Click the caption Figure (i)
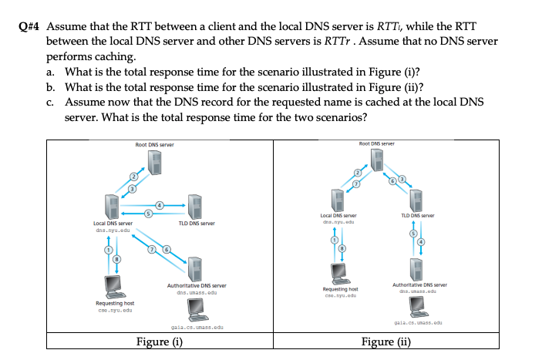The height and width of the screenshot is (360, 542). click(163, 343)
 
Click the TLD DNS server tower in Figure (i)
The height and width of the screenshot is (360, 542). click(196, 207)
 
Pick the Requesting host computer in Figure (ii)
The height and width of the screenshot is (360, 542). click(337, 272)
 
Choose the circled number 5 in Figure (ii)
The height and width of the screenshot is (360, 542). click(412, 234)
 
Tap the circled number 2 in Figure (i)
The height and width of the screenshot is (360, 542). click(132, 177)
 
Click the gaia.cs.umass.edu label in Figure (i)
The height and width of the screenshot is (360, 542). click(194, 328)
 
